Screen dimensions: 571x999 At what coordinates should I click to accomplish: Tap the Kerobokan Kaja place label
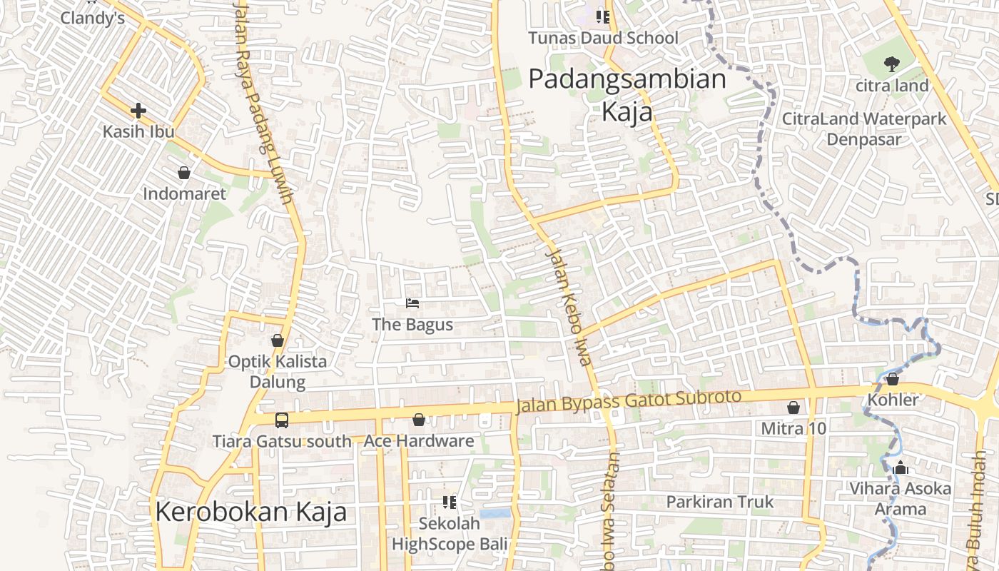point(251,511)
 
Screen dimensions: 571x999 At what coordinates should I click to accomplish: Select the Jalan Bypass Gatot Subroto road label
point(629,401)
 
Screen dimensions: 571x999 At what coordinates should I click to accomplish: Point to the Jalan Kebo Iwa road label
point(569,307)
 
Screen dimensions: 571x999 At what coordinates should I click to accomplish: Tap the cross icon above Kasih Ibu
point(138,111)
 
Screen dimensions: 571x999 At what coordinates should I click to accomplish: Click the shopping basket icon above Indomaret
point(184,173)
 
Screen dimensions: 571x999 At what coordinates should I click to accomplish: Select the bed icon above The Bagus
point(412,303)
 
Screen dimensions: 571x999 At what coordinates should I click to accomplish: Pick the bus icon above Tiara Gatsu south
point(282,420)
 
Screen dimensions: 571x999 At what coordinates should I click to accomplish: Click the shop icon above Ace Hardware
point(419,420)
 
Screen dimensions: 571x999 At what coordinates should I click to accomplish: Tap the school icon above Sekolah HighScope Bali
point(449,502)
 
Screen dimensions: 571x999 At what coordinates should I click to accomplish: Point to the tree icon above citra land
point(891,64)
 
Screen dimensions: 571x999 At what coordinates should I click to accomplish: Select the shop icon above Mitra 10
point(793,408)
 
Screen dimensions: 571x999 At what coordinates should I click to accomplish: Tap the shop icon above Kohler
point(893,379)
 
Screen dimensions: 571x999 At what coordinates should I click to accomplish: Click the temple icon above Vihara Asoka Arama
point(901,468)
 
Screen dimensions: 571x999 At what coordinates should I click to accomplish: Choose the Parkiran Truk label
point(719,502)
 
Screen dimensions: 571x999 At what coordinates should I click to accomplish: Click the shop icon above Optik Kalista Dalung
point(278,341)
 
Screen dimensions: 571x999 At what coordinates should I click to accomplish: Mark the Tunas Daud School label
point(603,37)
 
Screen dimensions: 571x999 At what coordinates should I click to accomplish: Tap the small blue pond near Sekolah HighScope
point(495,514)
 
